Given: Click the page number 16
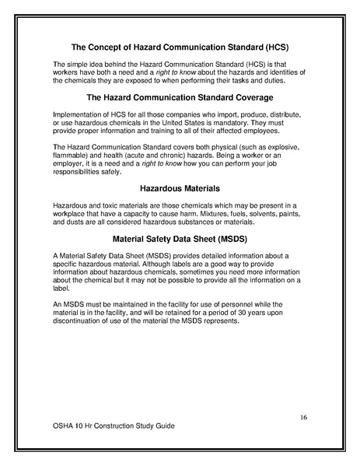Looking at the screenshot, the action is [x=304, y=418].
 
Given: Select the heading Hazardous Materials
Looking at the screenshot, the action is [x=180, y=187].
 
